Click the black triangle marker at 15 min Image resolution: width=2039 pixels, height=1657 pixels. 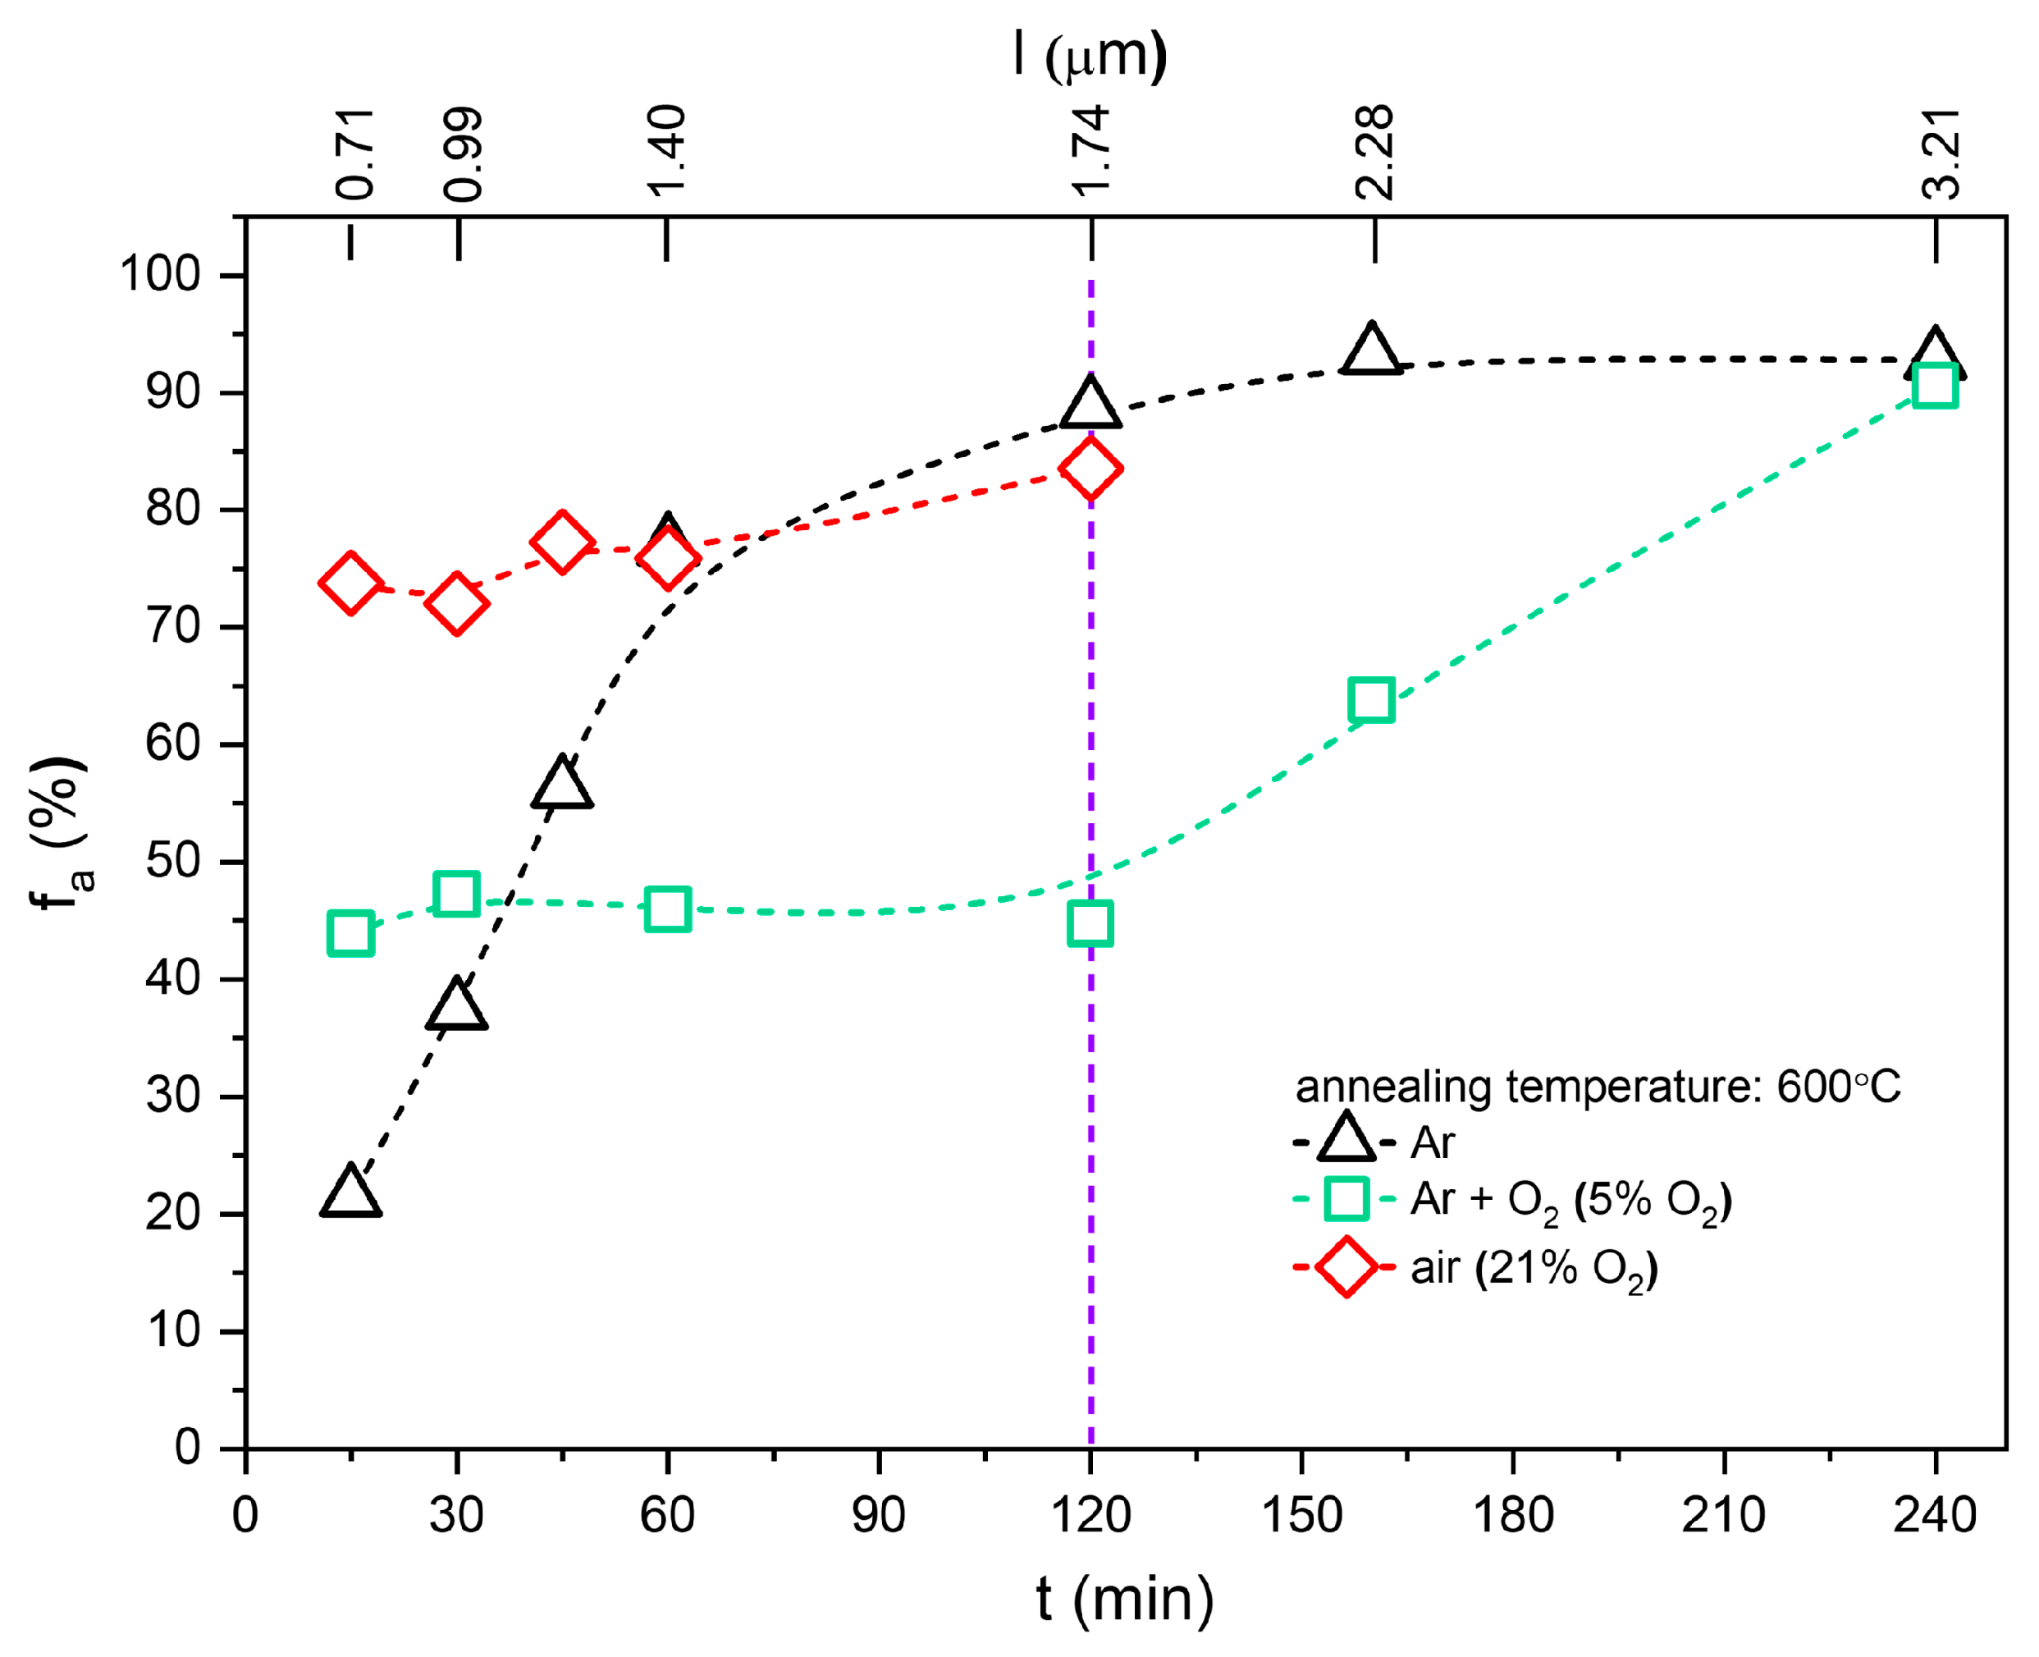pyautogui.click(x=350, y=1193)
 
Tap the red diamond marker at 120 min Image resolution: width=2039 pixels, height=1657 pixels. pyautogui.click(x=1090, y=469)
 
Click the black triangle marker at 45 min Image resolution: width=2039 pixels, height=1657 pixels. pyautogui.click(x=562, y=785)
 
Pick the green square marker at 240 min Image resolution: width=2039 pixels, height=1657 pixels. pyautogui.click(x=1935, y=386)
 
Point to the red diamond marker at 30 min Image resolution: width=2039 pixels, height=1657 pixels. pyautogui.click(x=457, y=603)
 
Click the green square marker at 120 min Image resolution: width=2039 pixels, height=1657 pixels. pyautogui.click(x=1090, y=923)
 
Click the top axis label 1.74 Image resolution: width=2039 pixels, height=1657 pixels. pyautogui.click(x=1090, y=151)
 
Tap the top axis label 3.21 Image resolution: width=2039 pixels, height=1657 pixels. pyautogui.click(x=1941, y=153)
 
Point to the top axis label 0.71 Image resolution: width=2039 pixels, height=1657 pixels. pyautogui.click(x=355, y=153)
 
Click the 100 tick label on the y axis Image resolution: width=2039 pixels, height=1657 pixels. pyautogui.click(x=159, y=275)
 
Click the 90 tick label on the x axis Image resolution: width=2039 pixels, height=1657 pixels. pyautogui.click(x=878, y=1515)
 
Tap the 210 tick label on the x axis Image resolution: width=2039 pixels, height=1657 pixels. pyautogui.click(x=1723, y=1515)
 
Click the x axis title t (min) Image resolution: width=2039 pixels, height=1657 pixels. pyautogui.click(x=1125, y=1600)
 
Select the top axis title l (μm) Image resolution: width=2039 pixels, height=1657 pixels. pyautogui.click(x=1090, y=55)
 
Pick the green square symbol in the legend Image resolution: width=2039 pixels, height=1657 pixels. pyautogui.click(x=1346, y=1199)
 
